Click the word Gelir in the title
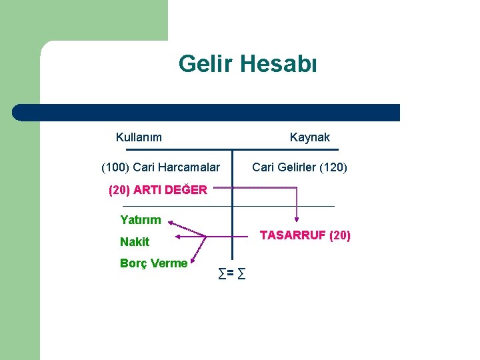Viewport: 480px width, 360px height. click(204, 65)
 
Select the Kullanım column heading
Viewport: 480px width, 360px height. click(139, 137)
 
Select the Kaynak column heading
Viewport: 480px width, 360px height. click(309, 137)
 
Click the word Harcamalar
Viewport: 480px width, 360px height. click(189, 167)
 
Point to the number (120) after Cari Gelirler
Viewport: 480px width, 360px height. click(333, 167)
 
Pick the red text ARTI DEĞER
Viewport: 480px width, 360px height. click(170, 189)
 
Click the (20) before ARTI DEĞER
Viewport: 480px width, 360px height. click(119, 189)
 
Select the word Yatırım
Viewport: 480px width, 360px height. click(141, 219)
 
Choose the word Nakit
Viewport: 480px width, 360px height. click(135, 241)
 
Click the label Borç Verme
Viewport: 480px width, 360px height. click(153, 263)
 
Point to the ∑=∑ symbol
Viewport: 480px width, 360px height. click(231, 272)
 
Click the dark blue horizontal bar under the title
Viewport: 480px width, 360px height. click(207, 112)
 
